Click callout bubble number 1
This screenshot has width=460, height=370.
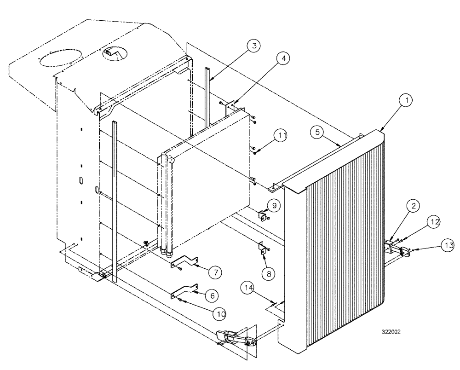click(408, 99)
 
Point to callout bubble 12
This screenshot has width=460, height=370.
click(433, 222)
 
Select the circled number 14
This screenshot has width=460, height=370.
click(249, 289)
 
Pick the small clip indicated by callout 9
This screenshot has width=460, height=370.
click(263, 215)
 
